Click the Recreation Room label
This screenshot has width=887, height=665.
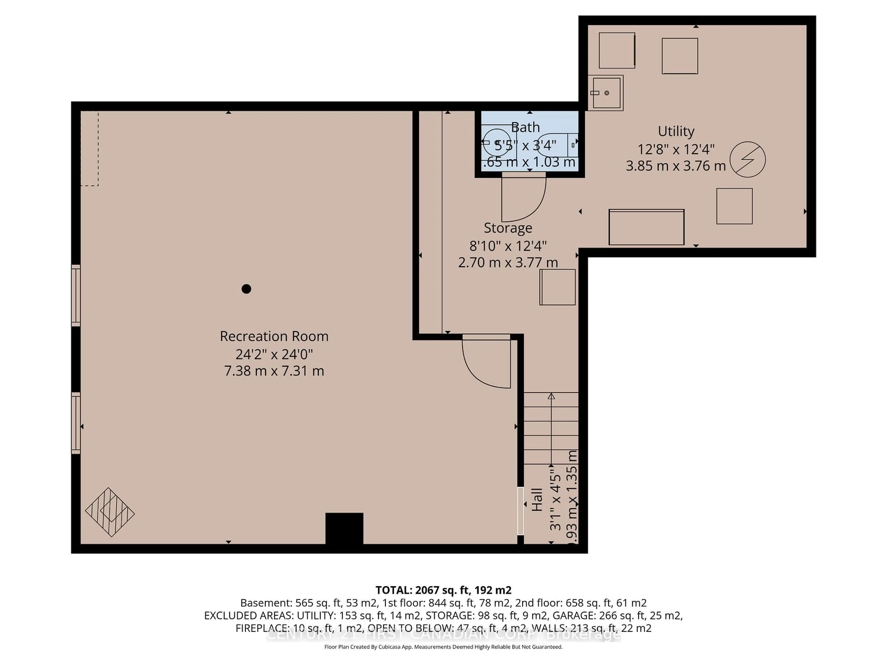[274, 336]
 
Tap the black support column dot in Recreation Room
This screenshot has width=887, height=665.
[246, 289]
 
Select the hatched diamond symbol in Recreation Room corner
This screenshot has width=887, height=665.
[109, 512]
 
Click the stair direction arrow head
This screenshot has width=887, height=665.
[551, 396]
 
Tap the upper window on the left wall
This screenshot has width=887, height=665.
[76, 295]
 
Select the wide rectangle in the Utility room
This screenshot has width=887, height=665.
[646, 227]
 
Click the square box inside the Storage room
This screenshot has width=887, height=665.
[557, 287]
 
